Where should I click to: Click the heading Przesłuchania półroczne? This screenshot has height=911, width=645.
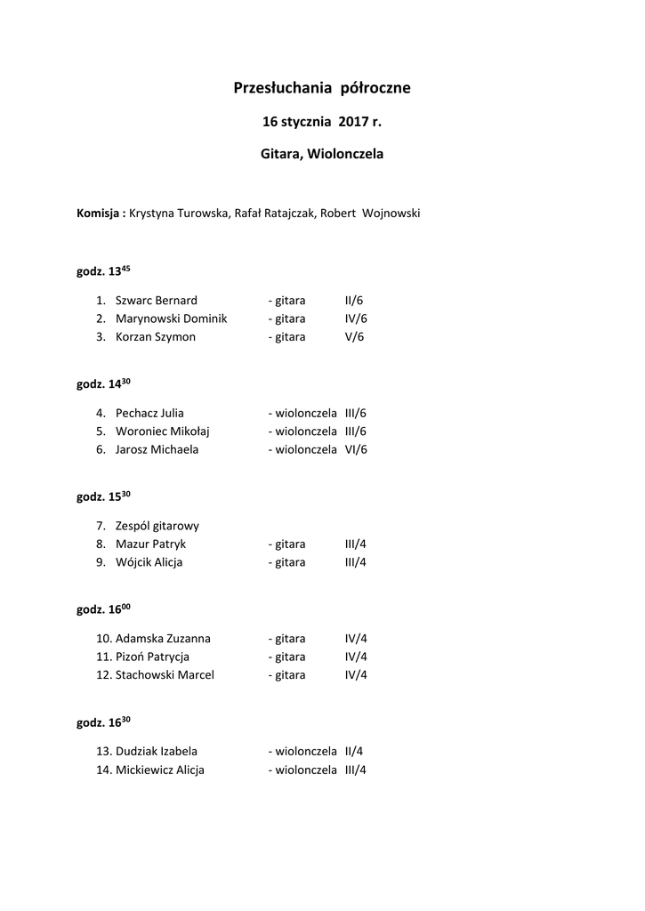[x=322, y=88]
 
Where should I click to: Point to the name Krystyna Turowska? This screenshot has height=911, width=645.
[x=178, y=214]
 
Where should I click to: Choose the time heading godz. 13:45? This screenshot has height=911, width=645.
[x=103, y=272]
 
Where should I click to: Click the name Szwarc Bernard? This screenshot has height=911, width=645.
[x=156, y=301]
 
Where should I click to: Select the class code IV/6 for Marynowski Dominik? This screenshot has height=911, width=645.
[x=356, y=318]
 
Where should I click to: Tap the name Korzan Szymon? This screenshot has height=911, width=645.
[x=155, y=337]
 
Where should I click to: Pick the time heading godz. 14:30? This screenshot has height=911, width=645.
[x=103, y=384]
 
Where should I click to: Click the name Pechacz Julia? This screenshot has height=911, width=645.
[x=149, y=413]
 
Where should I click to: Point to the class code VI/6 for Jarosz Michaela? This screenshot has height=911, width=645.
[x=356, y=449]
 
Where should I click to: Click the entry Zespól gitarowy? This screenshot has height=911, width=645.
[x=157, y=526]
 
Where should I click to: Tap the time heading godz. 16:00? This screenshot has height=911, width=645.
[x=103, y=609]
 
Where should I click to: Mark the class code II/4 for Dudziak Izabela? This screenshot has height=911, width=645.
[x=354, y=751]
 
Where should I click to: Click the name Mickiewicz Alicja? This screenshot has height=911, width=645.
[x=159, y=770]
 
